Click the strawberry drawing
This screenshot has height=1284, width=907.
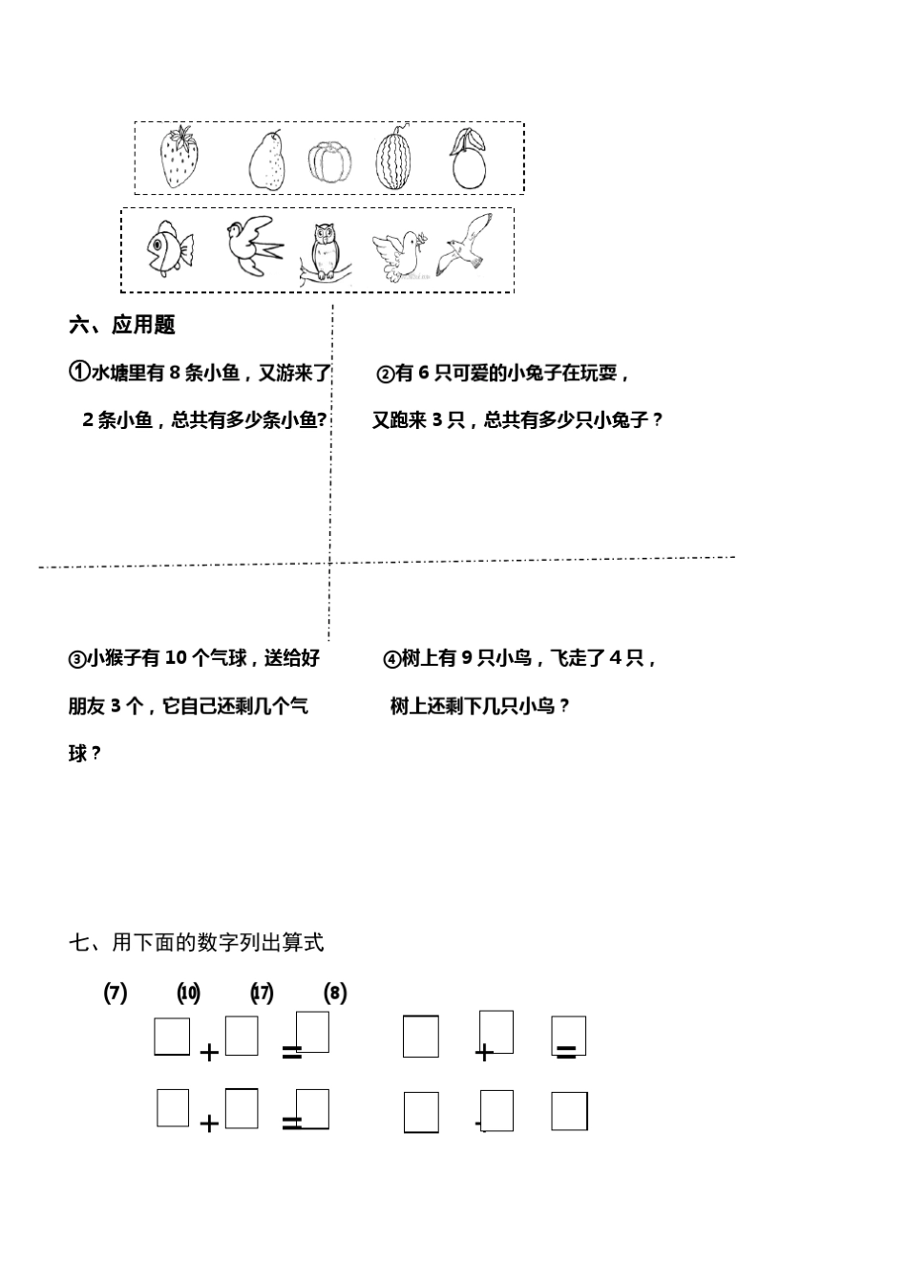179,158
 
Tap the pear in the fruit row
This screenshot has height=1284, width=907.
268,160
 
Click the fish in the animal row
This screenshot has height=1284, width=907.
168,247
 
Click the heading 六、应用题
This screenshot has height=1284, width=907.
121,325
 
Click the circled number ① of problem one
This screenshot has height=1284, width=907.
79,373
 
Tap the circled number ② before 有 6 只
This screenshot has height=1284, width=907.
385,374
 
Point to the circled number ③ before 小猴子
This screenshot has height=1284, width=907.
76,659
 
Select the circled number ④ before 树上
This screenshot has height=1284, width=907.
391,659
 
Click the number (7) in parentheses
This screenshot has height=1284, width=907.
115,993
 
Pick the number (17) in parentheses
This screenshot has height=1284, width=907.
262,993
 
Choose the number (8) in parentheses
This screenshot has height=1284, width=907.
335,993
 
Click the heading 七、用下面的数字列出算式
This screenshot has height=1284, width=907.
196,943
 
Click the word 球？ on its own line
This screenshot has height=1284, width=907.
84,754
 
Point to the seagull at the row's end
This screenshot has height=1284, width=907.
467,246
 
